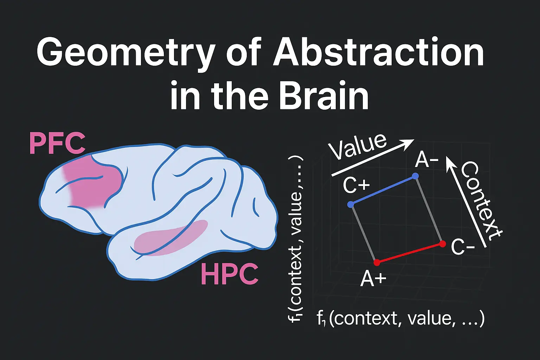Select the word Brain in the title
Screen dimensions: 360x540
323,96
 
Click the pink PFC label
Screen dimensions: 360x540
57,143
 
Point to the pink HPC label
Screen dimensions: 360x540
230,275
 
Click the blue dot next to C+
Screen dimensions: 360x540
350,204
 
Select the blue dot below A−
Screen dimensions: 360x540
416,176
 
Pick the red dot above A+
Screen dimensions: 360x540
377,262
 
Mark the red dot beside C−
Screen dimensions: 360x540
443,244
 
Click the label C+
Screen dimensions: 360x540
356,185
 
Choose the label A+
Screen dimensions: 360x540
373,279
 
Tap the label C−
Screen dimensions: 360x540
463,247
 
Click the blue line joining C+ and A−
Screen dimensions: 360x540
383,190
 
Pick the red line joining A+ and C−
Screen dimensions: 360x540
410,253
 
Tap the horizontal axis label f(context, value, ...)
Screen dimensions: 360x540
400,319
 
